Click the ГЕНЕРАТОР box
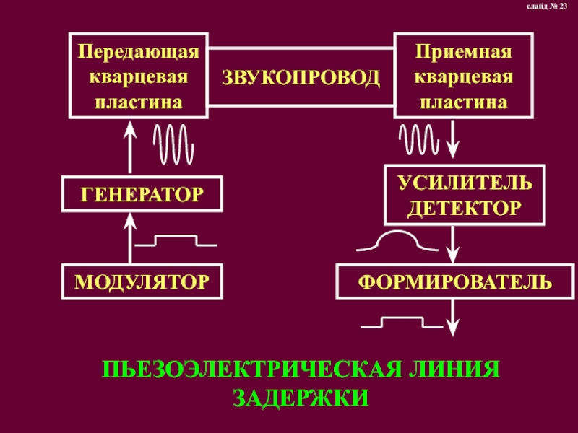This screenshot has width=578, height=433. [142, 193]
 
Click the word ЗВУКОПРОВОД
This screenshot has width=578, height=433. [301, 76]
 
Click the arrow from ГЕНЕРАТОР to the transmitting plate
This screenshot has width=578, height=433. [131, 148]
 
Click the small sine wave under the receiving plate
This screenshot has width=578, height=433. [418, 136]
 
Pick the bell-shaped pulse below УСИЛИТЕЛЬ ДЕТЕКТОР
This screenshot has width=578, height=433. [397, 242]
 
